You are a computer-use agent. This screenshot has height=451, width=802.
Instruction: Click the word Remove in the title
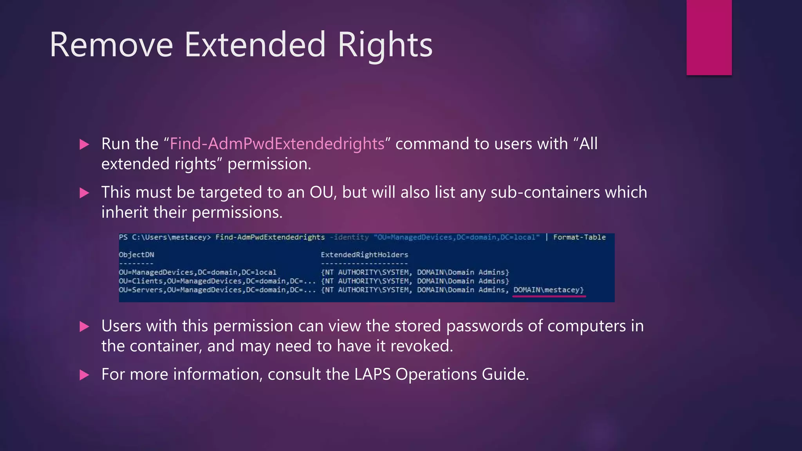111,45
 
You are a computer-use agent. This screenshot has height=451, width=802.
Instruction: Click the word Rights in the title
385,45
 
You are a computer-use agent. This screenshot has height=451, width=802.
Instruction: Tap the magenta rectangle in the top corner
709,37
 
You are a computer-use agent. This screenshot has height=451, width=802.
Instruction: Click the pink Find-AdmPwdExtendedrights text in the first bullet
277,144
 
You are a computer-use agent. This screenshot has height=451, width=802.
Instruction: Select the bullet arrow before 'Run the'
84,144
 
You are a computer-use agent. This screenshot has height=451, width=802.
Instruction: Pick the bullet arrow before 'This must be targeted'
84,193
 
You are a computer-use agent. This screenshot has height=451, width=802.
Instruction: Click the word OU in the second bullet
322,193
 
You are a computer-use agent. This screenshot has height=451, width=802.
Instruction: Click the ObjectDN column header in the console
136,255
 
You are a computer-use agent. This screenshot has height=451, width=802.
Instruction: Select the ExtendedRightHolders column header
364,255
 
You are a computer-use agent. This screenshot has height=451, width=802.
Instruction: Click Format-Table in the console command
579,237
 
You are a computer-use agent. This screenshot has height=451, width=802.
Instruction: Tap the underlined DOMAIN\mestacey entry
548,290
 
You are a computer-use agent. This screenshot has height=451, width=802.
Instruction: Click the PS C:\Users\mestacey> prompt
164,237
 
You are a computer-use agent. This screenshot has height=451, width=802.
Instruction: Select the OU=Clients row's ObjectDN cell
217,281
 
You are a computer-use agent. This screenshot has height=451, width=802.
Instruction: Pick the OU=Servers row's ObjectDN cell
217,290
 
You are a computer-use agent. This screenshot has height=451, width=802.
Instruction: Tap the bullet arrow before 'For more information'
84,375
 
